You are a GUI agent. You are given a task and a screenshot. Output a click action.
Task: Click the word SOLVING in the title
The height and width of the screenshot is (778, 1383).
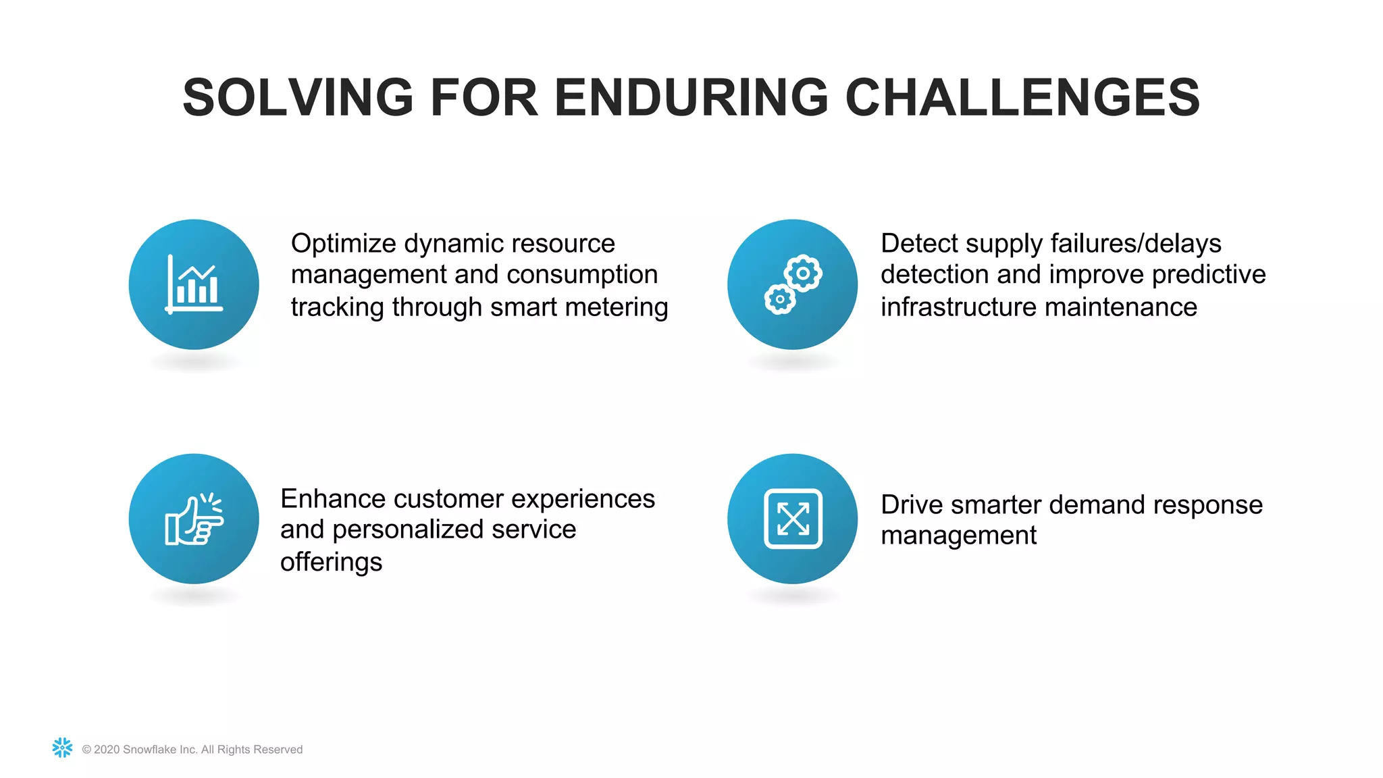pos(298,98)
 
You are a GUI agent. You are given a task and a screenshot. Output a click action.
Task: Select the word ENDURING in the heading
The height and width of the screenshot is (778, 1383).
pos(691,98)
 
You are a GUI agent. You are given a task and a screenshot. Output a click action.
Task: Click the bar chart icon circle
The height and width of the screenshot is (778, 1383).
pos(194,284)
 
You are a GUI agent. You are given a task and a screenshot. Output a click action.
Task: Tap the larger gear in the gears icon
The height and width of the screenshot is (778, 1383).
pos(803,274)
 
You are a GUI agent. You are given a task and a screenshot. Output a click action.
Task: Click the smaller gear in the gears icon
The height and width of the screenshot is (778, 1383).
pos(780,299)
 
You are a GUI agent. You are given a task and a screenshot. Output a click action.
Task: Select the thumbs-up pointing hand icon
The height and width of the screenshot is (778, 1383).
pos(194,519)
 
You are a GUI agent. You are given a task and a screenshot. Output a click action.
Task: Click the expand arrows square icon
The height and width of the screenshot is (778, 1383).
pos(793,519)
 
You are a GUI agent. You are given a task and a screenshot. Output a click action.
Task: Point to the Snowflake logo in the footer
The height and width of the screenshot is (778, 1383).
pos(62,748)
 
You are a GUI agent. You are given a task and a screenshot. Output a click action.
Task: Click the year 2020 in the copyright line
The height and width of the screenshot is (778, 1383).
pos(107,750)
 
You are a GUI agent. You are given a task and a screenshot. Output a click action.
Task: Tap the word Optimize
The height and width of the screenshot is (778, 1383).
pos(342,244)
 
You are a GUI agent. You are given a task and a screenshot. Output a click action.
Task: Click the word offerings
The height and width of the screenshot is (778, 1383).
pos(331,562)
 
